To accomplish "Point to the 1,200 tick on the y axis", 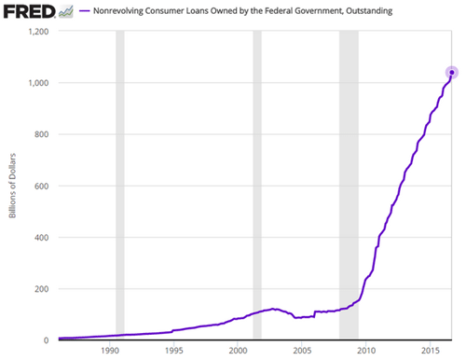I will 35,32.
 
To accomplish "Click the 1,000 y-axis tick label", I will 35,83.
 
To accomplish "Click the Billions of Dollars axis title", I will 13,186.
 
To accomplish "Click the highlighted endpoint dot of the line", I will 452,72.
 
